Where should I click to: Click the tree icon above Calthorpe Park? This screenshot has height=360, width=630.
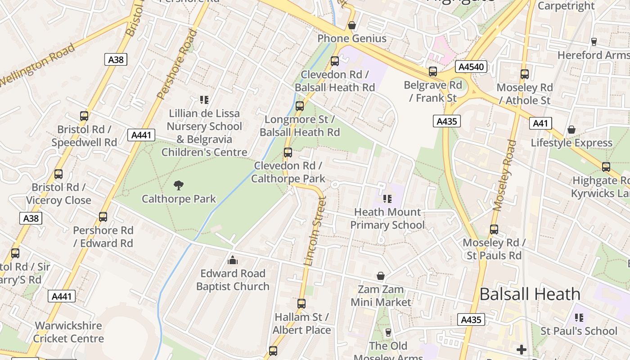click(x=179, y=185)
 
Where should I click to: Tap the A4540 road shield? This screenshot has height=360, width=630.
click(x=471, y=67)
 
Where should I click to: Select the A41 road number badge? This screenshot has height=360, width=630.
click(x=540, y=123)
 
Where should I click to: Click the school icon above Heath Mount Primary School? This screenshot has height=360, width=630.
click(x=387, y=198)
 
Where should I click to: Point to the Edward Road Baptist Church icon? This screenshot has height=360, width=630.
click(x=233, y=260)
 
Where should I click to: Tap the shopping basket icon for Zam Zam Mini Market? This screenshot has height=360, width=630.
click(x=381, y=276)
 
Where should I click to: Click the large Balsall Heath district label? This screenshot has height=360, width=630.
click(x=530, y=294)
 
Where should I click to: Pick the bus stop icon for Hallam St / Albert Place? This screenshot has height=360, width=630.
click(x=301, y=304)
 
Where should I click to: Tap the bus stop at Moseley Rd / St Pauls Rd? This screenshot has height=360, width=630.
click(x=494, y=229)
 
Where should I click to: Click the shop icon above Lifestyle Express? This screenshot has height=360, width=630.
click(x=571, y=130)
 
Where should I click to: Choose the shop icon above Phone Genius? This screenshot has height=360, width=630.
click(x=352, y=25)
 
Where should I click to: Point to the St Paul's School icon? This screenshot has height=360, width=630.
click(x=579, y=318)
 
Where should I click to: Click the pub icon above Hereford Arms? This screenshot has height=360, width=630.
click(x=594, y=42)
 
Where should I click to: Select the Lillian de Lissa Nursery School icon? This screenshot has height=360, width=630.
click(x=204, y=99)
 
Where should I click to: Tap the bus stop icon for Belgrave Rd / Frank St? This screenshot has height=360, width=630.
click(x=433, y=72)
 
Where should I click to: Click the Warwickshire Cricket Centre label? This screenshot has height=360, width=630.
click(x=69, y=332)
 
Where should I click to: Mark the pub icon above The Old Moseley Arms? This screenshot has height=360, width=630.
click(x=388, y=333)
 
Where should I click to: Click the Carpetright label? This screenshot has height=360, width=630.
click(x=566, y=6)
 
